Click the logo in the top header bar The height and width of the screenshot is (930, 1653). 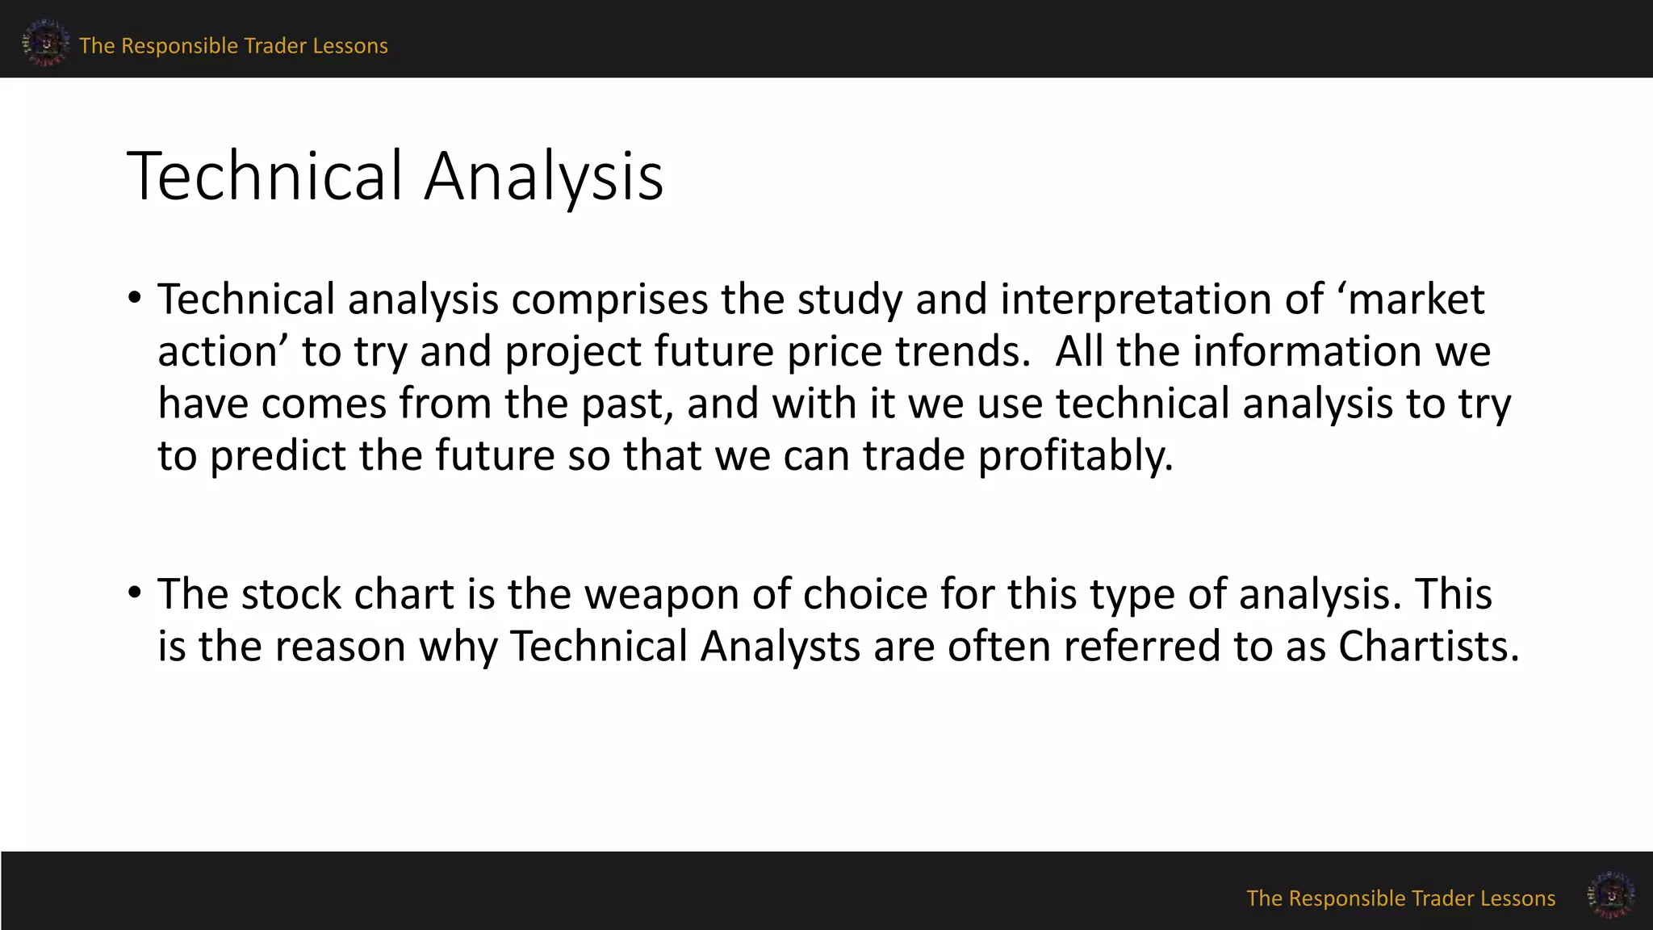(45, 43)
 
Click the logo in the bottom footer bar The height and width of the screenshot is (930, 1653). (1611, 894)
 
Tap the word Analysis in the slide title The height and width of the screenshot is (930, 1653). (543, 177)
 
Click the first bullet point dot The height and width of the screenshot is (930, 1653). (135, 299)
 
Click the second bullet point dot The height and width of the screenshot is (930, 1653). (135, 593)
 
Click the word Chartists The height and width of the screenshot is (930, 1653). (1429, 647)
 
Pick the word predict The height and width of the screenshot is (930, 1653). (278, 456)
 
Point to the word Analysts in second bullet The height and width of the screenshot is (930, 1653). (780, 647)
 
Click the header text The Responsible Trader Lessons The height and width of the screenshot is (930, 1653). (233, 46)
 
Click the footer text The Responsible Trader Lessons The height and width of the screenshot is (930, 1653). (1400, 899)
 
